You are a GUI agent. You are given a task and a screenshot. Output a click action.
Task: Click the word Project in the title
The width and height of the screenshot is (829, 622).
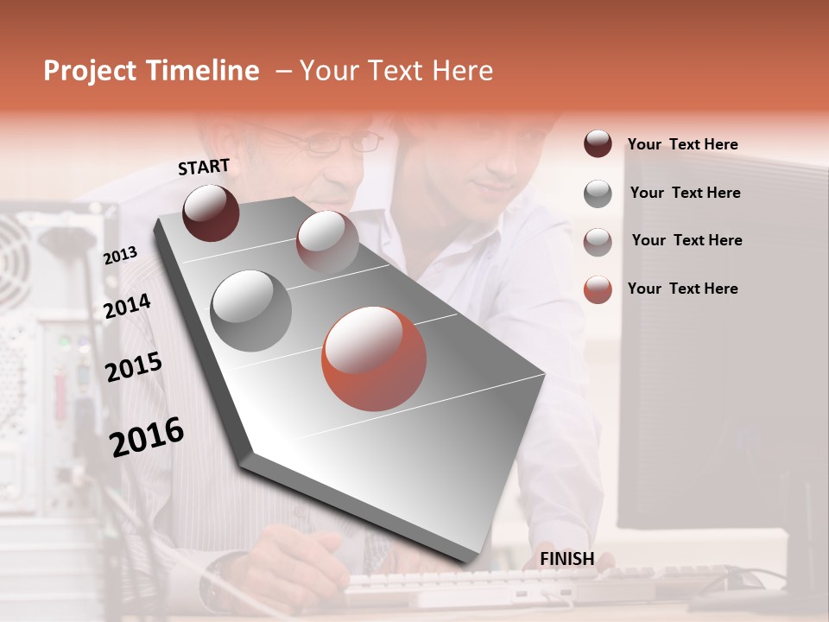coord(89,71)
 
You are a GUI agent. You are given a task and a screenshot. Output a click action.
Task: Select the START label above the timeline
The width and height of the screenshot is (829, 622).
coord(204,167)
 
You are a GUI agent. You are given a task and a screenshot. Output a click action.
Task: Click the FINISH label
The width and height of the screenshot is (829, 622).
coord(566,559)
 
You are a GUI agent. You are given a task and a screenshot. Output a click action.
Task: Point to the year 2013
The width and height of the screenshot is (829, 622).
coord(121,255)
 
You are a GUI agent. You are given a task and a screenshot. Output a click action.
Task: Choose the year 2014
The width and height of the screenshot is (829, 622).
coord(127,306)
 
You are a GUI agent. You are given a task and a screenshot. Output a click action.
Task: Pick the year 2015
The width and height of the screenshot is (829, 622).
coord(134,367)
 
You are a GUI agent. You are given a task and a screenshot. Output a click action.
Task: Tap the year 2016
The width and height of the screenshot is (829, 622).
coord(147,436)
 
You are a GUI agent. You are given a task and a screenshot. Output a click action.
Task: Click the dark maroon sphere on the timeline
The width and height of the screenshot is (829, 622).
coord(211,213)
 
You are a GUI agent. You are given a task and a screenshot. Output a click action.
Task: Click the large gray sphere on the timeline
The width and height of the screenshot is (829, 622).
coord(250,310)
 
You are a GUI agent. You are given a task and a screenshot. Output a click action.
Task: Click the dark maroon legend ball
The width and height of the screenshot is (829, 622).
coord(598,144)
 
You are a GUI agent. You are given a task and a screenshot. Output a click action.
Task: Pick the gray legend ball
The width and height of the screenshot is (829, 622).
coord(598,194)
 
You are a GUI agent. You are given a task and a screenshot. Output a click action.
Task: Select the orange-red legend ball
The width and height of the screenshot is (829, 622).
coord(598,289)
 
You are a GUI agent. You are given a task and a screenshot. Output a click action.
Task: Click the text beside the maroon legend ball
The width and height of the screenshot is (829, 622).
coord(682,144)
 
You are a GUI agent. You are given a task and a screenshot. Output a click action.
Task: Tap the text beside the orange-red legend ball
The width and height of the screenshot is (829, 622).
coord(682,289)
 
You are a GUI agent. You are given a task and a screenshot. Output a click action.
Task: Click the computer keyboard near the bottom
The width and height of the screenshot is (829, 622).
coord(518,587)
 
